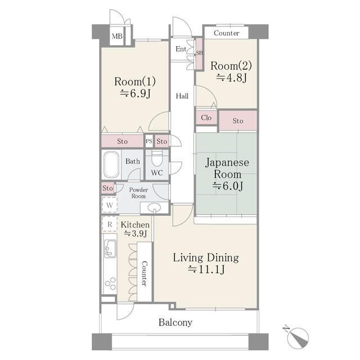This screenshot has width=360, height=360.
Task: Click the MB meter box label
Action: point(117,36)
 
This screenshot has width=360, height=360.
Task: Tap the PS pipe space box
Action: point(149,141)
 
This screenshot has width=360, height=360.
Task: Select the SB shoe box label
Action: point(199,53)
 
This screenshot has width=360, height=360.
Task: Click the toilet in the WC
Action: point(157,158)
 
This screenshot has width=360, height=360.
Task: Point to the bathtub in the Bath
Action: point(111,164)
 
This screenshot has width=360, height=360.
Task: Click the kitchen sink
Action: point(110,249)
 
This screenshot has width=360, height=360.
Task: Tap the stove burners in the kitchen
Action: point(110,283)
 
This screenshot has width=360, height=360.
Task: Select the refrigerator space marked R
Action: point(110,224)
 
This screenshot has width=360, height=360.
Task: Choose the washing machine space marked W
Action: point(110,205)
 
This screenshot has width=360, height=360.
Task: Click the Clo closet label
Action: point(206,118)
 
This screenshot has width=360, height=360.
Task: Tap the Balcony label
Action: point(175,322)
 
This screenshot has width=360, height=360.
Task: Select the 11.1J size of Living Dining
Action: point(206,269)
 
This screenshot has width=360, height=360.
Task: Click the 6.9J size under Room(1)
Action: point(135,93)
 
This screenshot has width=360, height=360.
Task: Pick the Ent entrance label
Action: point(181,49)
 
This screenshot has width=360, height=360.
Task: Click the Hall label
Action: point(182,96)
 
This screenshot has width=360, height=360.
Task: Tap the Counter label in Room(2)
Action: point(227,33)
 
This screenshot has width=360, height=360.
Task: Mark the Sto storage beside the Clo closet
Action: point(238,121)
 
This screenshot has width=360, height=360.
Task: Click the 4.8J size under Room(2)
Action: point(231,78)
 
